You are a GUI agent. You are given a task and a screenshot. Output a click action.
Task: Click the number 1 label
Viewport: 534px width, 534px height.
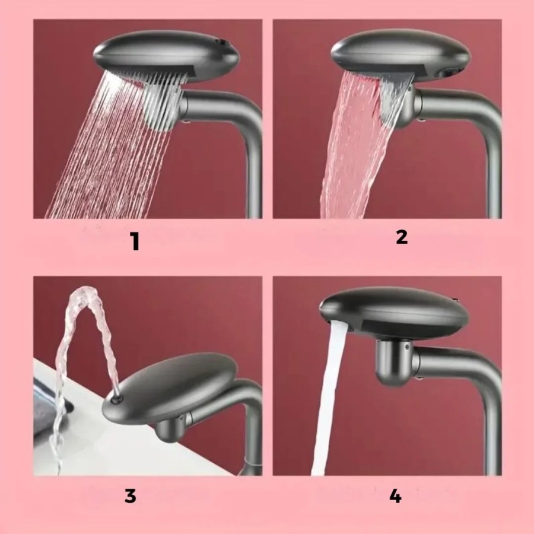136,241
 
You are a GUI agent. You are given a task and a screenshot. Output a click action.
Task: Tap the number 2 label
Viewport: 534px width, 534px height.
402,237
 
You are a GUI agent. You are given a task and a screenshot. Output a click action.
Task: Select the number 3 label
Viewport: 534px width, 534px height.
131,496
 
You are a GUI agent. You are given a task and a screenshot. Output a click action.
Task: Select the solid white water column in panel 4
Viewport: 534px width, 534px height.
326,403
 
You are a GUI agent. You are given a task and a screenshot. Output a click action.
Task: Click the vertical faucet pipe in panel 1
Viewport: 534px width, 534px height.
252,172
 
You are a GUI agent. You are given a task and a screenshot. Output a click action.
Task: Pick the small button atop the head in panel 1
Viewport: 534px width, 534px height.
221,43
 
